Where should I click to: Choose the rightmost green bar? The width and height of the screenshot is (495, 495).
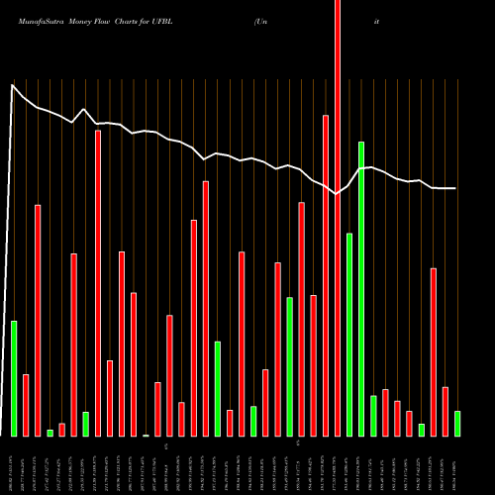tap(457, 424)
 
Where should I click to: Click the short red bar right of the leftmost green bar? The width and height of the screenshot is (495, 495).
tap(26, 405)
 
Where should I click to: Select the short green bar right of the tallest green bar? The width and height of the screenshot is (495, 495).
tap(373, 416)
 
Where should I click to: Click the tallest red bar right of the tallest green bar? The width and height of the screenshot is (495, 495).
tap(434, 351)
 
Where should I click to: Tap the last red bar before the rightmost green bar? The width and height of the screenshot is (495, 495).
tap(445, 411)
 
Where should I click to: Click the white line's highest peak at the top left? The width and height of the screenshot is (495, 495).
tap(13, 85)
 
